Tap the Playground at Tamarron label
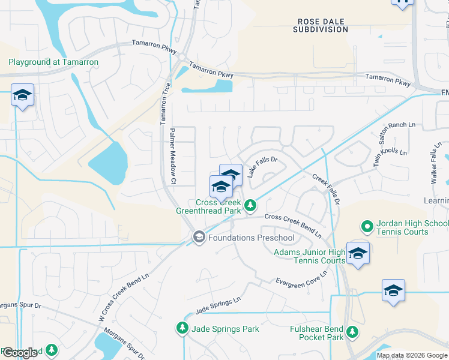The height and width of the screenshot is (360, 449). tap(53, 62)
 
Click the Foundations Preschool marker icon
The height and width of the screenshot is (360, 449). tap(199, 238)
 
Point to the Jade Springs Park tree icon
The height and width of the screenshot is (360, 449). tap(182, 328)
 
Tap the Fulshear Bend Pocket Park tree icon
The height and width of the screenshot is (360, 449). tap(353, 331)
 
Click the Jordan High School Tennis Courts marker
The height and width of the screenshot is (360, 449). tap(367, 227)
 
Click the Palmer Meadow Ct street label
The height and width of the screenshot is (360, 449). tap(172, 156)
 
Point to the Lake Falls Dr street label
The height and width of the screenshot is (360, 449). tap(262, 167)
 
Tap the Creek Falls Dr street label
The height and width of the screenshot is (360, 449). tap(326, 190)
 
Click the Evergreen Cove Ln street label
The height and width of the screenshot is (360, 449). tap(301, 278)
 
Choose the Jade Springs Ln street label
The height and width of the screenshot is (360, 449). tap(217, 304)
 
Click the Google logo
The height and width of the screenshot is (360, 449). tap(20, 353)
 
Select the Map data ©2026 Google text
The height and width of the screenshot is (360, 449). tap(411, 355)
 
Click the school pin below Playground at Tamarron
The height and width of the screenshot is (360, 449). tap(22, 95)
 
